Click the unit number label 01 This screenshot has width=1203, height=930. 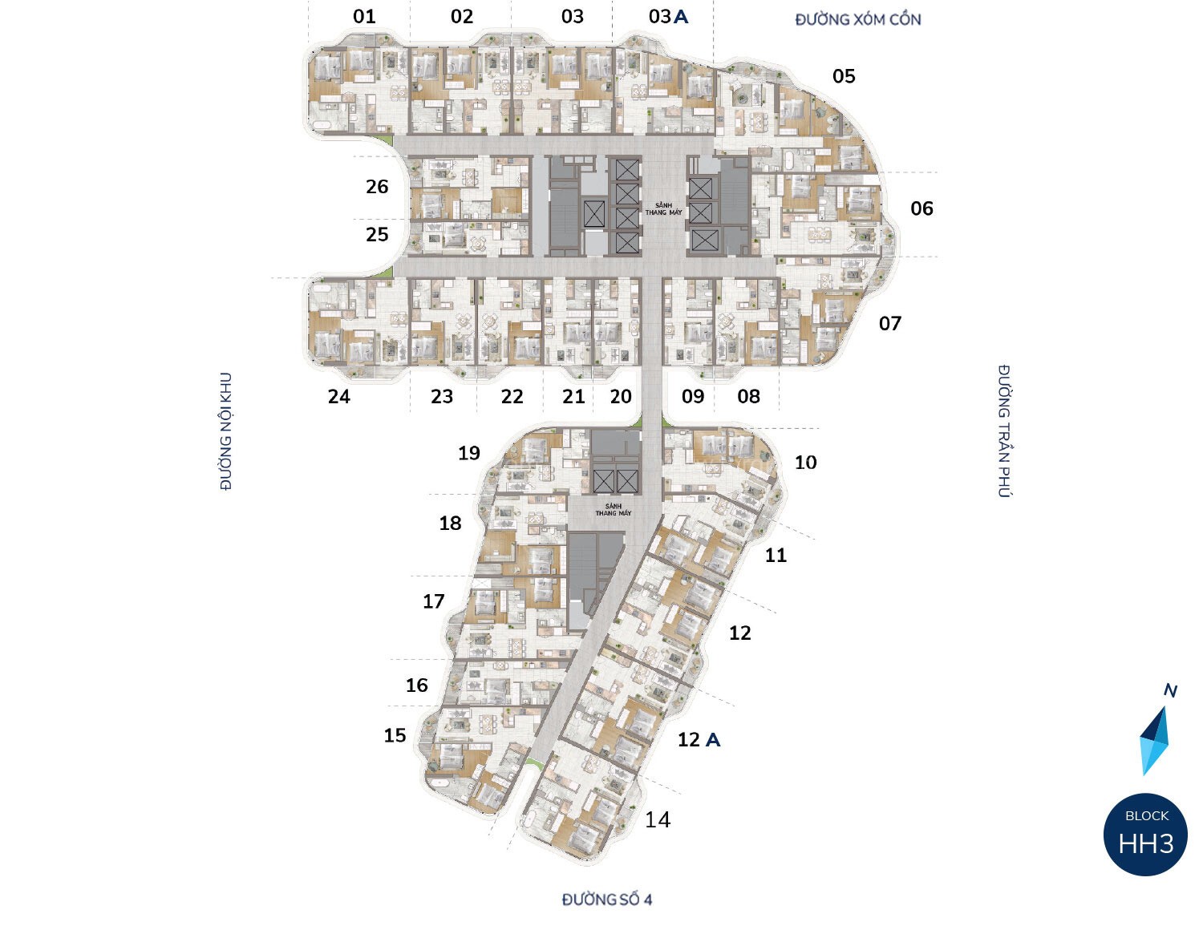tap(364, 17)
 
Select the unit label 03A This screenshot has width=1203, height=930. tap(668, 17)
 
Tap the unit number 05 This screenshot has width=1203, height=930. tap(844, 77)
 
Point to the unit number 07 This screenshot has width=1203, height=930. tap(889, 324)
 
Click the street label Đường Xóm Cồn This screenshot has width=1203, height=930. tap(858, 19)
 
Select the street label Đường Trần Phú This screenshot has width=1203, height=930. tap(1004, 431)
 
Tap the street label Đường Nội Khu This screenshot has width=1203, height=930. tap(225, 431)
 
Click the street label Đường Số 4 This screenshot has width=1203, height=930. tap(607, 900)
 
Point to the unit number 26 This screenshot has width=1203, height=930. tap(377, 187)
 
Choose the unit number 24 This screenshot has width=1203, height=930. tap(339, 397)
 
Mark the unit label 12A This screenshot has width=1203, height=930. tap(699, 740)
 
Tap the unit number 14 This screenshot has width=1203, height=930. tap(658, 820)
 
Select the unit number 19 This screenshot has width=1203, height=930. tap(469, 454)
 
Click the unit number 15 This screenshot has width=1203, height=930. tap(395, 736)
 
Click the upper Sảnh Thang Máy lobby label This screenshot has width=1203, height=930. tap(663, 208)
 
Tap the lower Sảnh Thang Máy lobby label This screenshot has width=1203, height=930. tap(614, 510)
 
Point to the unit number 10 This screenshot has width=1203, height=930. tap(805, 463)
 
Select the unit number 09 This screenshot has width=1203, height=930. tap(693, 397)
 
